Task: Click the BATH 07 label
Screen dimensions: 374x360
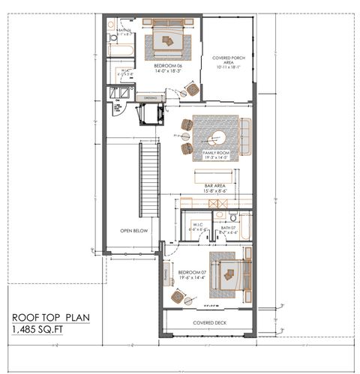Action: point(228,228)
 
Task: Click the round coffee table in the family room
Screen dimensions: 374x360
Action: point(219,136)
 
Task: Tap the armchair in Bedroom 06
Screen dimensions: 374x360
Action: point(190,91)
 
